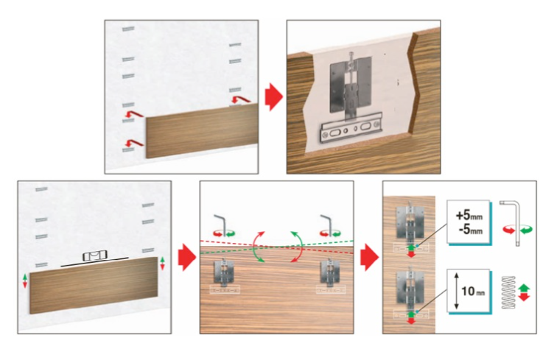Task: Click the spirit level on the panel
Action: coord(94,256)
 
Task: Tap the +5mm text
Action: coord(469,215)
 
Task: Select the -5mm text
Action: coord(469,230)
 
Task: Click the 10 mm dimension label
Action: coord(473,291)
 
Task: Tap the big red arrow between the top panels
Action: coord(274,96)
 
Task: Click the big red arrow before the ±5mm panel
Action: coord(369,257)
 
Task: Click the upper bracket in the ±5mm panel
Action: coord(410,222)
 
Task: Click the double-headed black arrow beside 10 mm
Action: coord(457,291)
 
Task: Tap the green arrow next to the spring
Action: coord(525,287)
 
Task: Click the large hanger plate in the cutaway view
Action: coord(351,85)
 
